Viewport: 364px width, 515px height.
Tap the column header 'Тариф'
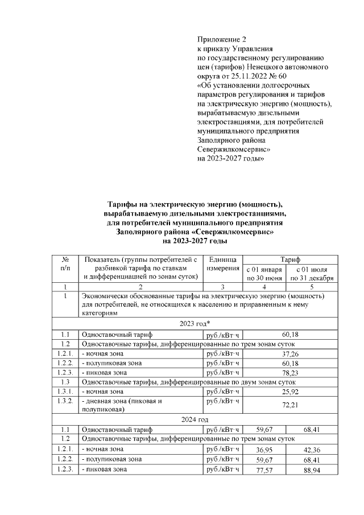coord(289,259)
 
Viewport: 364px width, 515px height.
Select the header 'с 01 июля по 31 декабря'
coord(311,273)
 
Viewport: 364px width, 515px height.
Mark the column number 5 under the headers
coord(311,287)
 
